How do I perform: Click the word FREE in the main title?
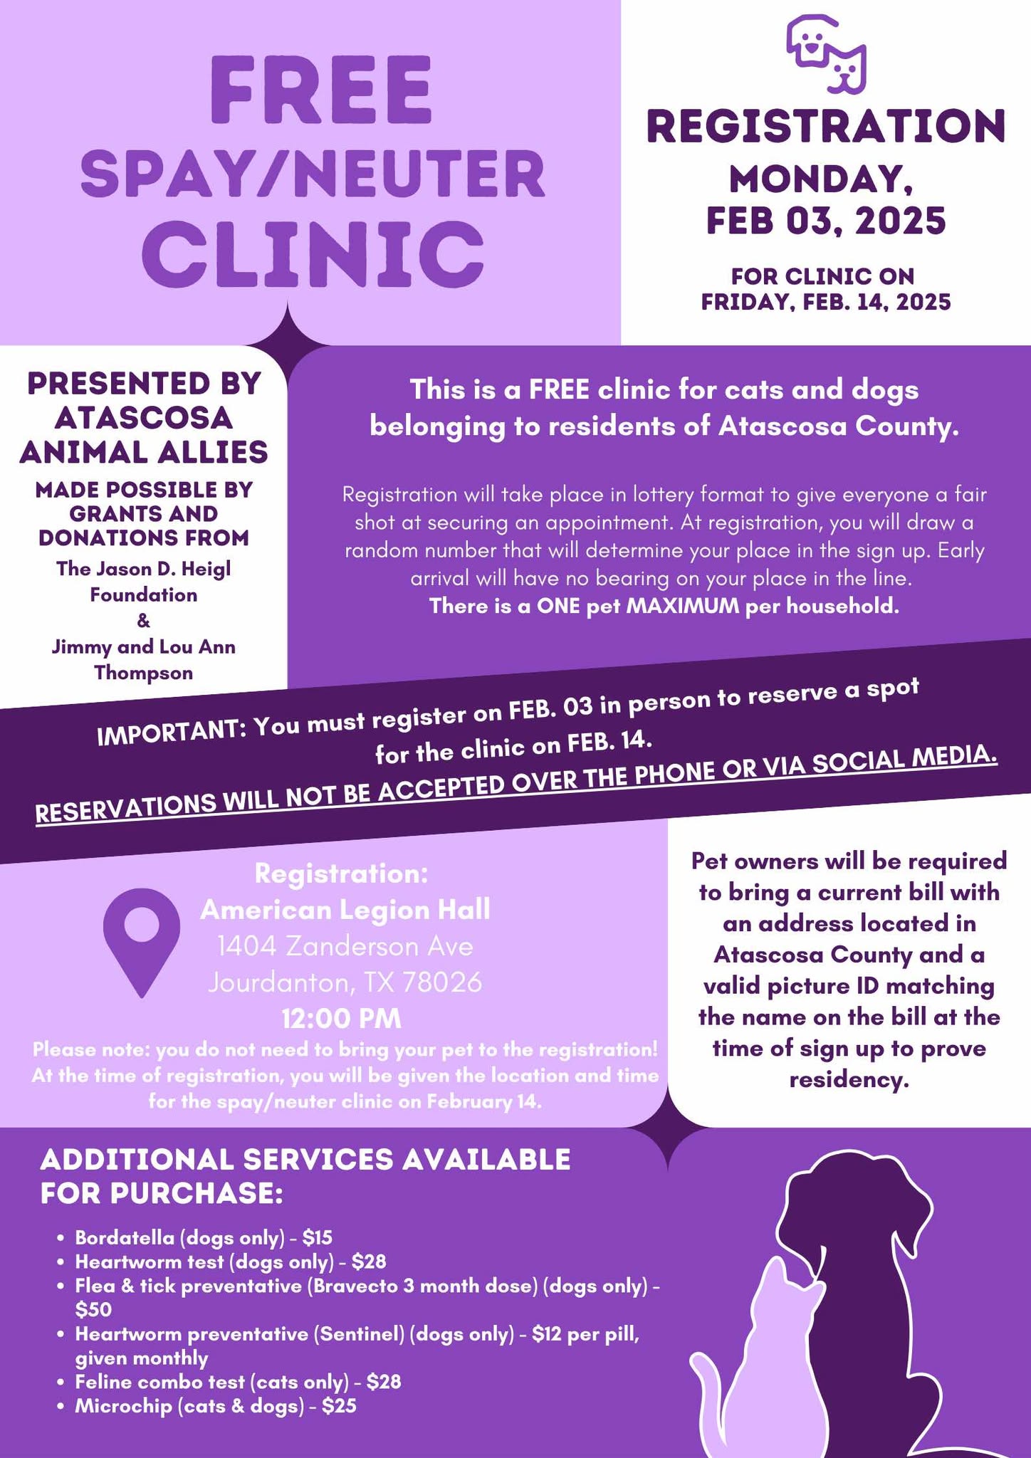click(320, 90)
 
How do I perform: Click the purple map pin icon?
click(141, 940)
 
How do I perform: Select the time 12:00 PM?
click(342, 1019)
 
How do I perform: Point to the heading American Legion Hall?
click(345, 910)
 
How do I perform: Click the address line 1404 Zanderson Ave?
click(345, 946)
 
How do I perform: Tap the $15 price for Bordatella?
click(317, 1238)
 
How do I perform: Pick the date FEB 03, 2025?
click(826, 220)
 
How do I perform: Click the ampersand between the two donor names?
click(143, 621)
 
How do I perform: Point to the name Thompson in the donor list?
click(143, 673)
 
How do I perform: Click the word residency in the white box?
click(849, 1080)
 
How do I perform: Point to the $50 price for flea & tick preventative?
click(93, 1310)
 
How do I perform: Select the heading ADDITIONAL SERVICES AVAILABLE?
click(305, 1159)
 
